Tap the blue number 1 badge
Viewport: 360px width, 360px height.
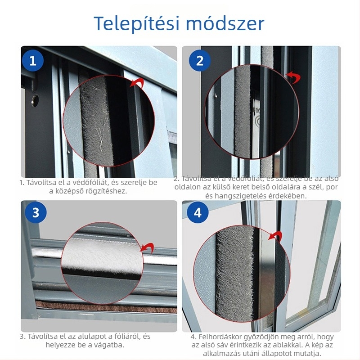coord(33,61)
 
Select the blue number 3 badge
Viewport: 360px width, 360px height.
coord(36,213)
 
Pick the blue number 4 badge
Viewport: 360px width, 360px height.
coord(198,213)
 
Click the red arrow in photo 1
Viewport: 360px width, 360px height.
coord(137,83)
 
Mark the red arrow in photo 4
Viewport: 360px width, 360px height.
coord(275,237)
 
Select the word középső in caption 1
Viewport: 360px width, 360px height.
coord(72,191)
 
